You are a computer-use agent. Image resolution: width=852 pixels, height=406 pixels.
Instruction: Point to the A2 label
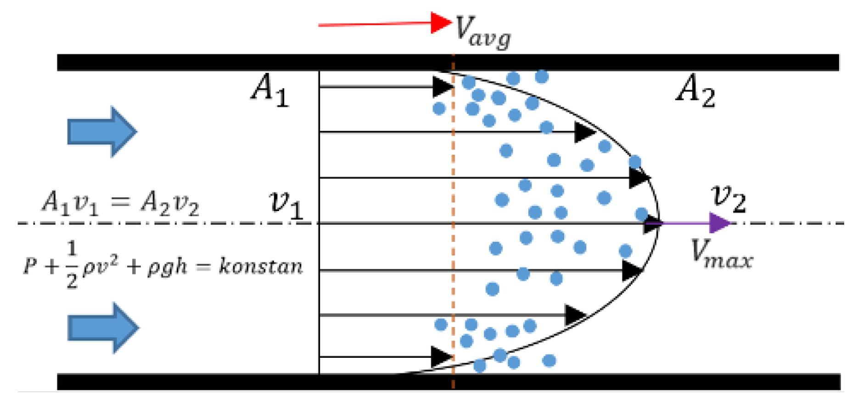[695, 92]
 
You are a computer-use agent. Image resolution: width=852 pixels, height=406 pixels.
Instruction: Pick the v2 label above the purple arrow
[728, 198]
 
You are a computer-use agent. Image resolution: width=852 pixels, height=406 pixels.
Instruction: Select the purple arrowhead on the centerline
[719, 223]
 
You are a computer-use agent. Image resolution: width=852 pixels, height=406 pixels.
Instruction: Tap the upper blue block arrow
[102, 132]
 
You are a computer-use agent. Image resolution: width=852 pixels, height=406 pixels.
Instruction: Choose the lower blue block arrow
[103, 328]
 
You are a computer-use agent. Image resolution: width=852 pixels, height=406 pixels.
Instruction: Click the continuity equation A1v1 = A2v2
[120, 203]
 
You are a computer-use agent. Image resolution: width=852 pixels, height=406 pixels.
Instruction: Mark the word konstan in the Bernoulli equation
[261, 266]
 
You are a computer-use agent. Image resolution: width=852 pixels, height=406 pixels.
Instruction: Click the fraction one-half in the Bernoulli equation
[72, 266]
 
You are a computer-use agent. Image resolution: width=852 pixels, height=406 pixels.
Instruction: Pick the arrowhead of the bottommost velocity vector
[442, 356]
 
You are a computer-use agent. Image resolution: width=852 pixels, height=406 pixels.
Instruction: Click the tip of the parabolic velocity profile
[659, 223]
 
